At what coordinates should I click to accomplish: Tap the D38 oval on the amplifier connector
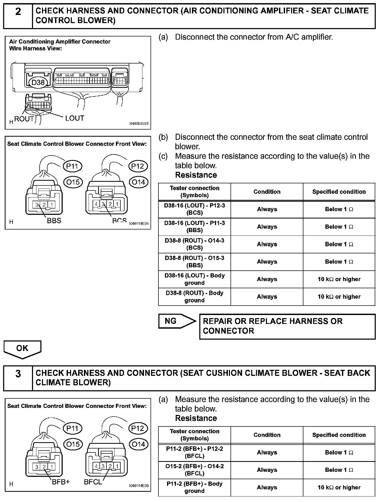[38, 83]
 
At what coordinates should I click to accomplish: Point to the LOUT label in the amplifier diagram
[75, 118]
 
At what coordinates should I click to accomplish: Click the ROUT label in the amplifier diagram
[24, 119]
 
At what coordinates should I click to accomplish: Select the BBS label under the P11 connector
[54, 221]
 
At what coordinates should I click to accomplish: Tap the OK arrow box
[22, 349]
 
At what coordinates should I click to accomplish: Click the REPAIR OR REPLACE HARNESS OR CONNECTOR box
[287, 326]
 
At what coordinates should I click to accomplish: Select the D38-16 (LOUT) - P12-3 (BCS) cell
[195, 209]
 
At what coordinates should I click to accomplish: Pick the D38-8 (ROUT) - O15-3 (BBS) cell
[195, 262]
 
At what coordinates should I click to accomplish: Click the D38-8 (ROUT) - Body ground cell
[195, 297]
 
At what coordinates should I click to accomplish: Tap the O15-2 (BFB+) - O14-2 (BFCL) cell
[195, 470]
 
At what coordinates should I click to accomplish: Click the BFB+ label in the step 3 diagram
[61, 482]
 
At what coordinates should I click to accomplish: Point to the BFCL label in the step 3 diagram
[93, 482]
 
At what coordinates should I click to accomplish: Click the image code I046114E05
[139, 486]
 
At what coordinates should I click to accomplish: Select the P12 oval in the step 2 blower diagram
[138, 166]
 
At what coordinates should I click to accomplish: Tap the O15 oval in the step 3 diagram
[73, 444]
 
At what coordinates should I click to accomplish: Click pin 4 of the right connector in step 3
[96, 466]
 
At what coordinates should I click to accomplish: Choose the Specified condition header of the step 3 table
[339, 435]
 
